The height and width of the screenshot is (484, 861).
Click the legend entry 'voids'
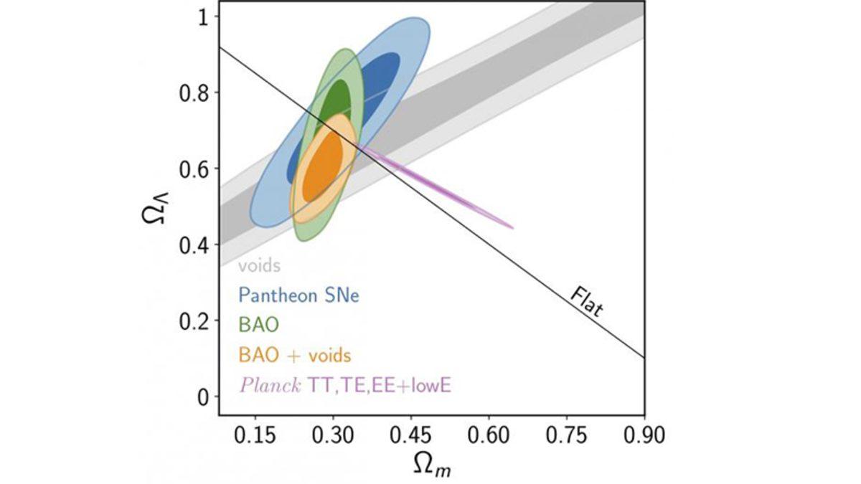(x=259, y=267)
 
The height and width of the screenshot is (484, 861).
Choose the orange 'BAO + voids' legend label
(x=295, y=355)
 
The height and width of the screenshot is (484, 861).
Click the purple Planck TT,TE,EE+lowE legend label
(x=349, y=386)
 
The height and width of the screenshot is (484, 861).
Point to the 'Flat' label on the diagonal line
(x=586, y=302)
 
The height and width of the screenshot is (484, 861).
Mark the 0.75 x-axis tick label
(x=567, y=435)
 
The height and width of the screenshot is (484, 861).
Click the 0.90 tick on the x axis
(x=644, y=435)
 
